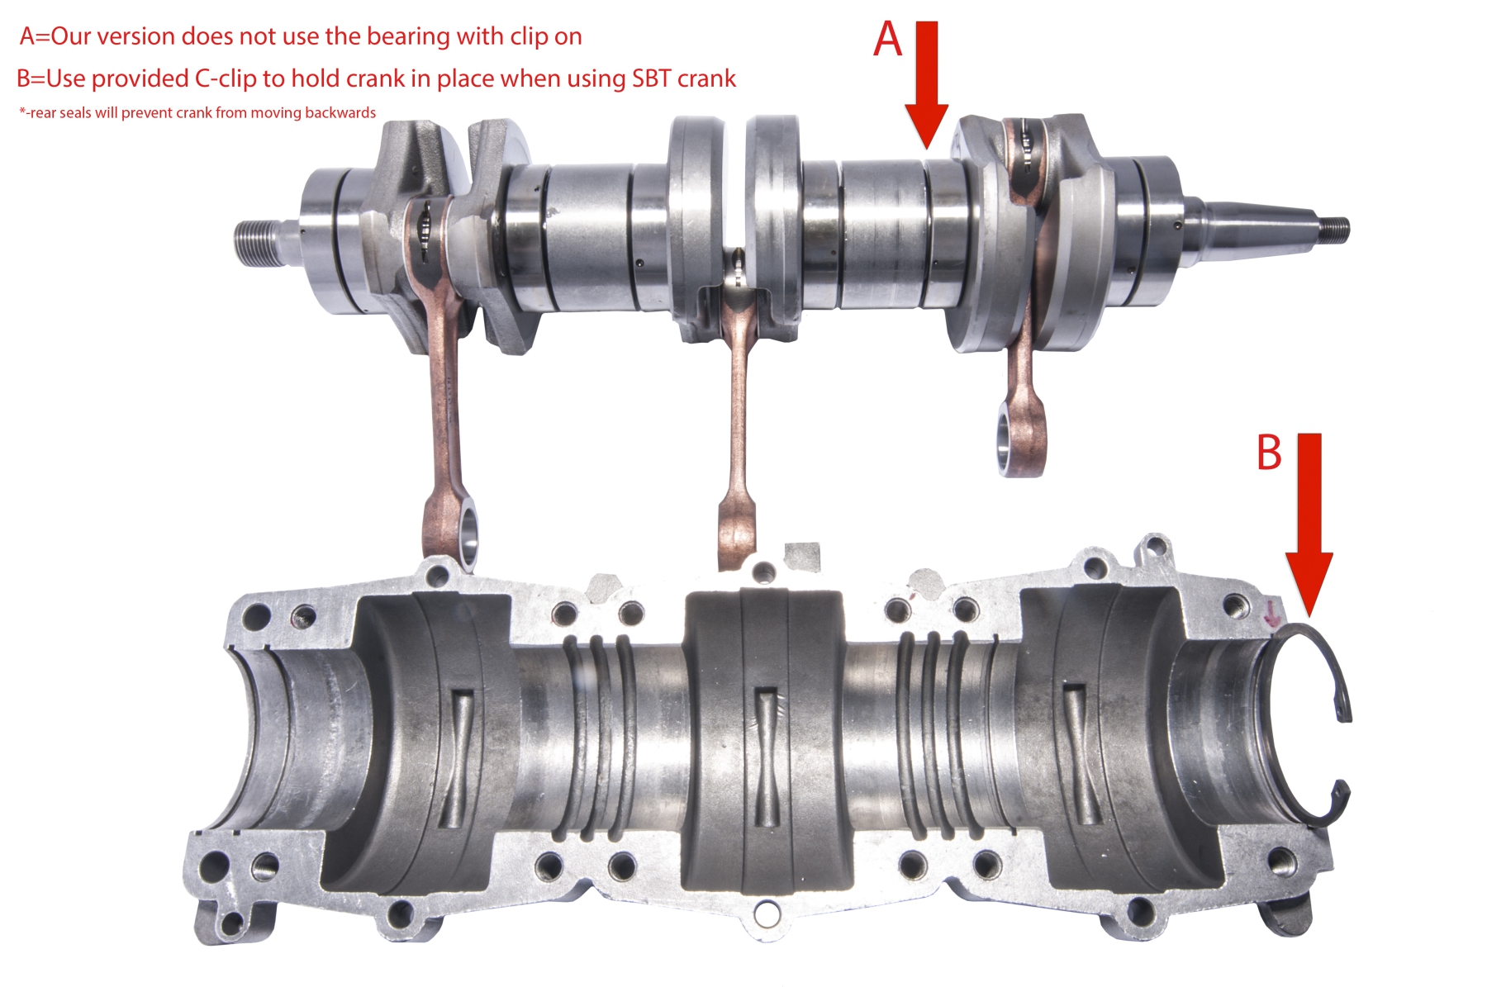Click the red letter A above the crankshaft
[888, 39]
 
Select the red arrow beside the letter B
[1309, 525]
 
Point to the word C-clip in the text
[226, 78]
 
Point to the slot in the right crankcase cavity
[1079, 752]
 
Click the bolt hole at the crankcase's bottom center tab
[767, 913]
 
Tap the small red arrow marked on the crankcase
[1273, 613]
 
